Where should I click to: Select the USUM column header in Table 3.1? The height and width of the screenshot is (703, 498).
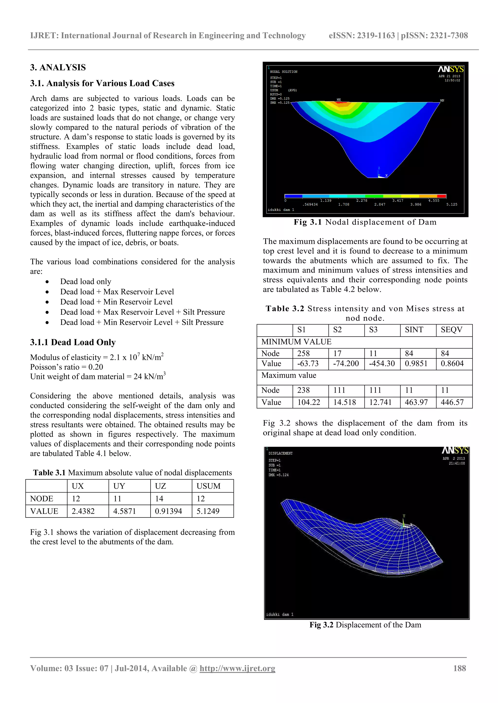pos(209,486)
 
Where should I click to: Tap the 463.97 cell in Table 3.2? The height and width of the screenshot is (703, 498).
pos(416,402)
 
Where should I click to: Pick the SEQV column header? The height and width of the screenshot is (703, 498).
pos(451,330)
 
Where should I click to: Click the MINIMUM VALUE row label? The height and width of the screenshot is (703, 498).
pos(296,342)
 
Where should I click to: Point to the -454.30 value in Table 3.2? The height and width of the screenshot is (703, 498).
pos(382,364)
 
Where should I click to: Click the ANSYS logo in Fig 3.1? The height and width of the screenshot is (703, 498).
pos(451,69)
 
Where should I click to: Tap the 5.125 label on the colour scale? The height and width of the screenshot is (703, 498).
pos(452,204)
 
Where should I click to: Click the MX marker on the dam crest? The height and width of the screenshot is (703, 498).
pos(338,100)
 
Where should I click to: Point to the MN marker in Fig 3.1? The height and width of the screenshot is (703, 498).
pos(442,101)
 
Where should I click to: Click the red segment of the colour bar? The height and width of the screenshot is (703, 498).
pos(441,196)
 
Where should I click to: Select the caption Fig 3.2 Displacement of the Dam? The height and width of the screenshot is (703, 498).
pos(365,625)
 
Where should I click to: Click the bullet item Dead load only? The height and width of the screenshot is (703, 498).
pos(86,281)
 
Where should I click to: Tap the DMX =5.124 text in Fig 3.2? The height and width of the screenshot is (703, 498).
pos(278,475)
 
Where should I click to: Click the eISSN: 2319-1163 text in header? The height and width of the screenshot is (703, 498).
pos(362,35)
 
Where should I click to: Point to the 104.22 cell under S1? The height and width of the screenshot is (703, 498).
pos(309,402)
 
